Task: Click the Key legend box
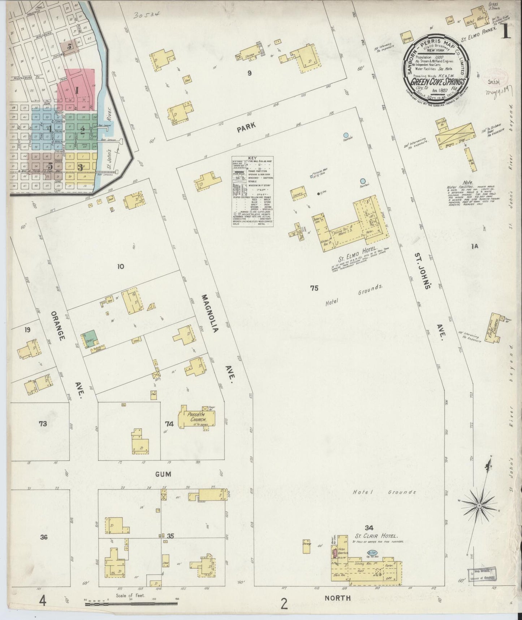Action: click(x=252, y=191)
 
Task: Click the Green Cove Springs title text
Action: click(x=438, y=81)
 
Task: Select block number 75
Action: click(x=314, y=288)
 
